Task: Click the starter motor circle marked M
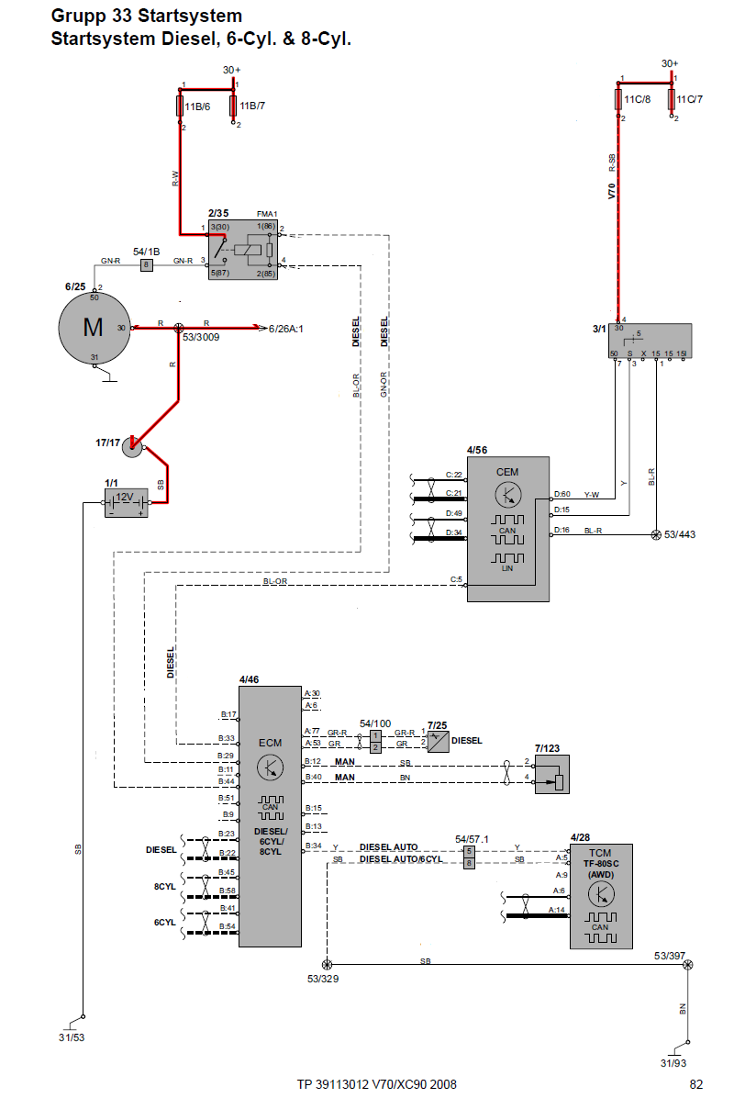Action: (x=94, y=328)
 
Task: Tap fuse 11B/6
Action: (x=180, y=106)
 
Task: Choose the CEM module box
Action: (x=507, y=529)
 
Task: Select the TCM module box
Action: (x=601, y=896)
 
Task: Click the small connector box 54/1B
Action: (x=145, y=265)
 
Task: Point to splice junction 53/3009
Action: (x=180, y=327)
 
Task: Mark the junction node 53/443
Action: (x=656, y=534)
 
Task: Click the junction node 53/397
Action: (x=688, y=964)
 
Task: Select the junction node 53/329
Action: (x=326, y=964)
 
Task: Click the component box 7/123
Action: (x=551, y=773)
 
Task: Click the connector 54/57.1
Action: (x=469, y=857)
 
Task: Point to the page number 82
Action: (x=696, y=1084)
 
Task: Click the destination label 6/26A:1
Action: (x=286, y=328)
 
